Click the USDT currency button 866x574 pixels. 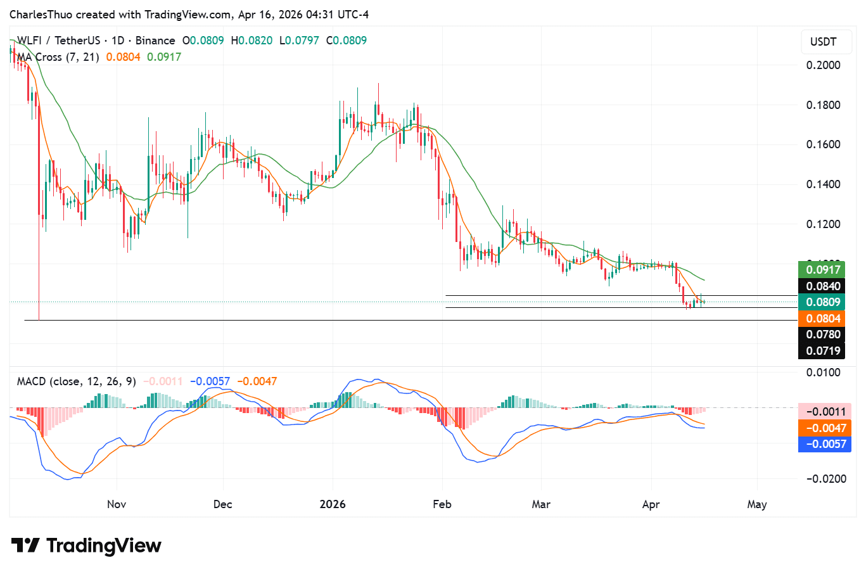[x=823, y=42]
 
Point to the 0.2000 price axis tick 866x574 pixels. [x=823, y=65]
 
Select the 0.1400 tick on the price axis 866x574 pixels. [x=823, y=184]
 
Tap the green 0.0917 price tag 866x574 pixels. [x=822, y=270]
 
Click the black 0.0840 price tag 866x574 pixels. [x=822, y=286]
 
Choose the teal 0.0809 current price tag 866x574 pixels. [x=822, y=302]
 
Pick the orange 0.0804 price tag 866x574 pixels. [x=822, y=319]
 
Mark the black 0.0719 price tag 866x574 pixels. [x=822, y=351]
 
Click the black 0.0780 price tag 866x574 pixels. [x=822, y=335]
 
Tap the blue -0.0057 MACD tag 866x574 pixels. [x=825, y=444]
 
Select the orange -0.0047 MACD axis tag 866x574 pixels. [x=825, y=428]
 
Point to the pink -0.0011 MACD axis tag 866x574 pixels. [x=825, y=412]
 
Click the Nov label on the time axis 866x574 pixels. [x=117, y=504]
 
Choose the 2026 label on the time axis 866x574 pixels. [x=333, y=504]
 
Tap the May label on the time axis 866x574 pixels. [x=756, y=504]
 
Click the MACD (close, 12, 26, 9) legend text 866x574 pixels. [x=76, y=381]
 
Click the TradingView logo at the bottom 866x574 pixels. [x=86, y=545]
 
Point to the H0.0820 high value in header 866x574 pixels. [x=252, y=41]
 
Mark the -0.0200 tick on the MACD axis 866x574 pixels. [x=825, y=479]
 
